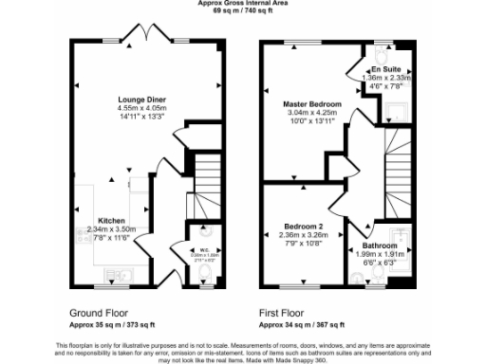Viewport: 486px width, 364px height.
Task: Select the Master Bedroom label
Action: pos(311,102)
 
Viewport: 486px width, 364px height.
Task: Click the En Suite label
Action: pos(384,69)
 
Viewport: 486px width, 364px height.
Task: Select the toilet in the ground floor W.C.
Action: pos(206,274)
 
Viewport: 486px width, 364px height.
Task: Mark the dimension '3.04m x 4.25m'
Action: pos(313,112)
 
